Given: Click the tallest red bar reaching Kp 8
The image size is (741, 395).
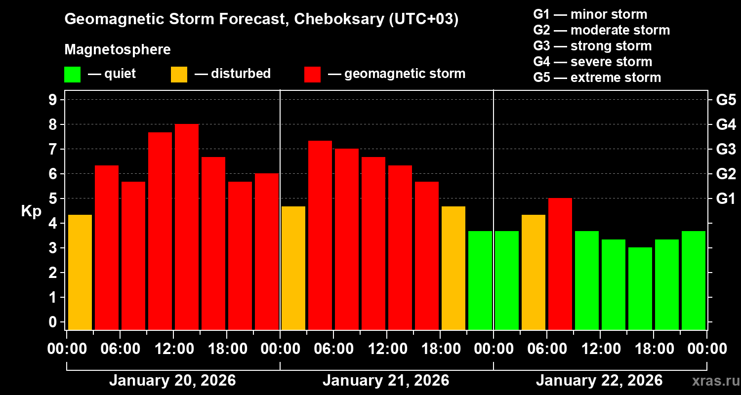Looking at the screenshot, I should coord(187,227).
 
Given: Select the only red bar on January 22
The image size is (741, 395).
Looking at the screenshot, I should coord(560,264).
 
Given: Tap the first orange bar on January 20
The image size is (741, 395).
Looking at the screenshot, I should coord(80,272).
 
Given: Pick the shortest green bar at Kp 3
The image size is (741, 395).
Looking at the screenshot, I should coord(640,288).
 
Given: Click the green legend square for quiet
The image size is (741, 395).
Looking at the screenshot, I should coord(72,75).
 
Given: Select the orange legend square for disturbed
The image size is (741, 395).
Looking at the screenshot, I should coord(179,75).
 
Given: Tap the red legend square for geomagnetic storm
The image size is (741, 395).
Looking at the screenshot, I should coord(312,75).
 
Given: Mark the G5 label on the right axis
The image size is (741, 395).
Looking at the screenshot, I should coord(726,100).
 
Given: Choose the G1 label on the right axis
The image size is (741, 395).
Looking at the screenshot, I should coord(726,199).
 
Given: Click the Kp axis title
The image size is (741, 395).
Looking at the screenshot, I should coord(31,211).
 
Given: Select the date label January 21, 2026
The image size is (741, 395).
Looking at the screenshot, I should coord(386,381).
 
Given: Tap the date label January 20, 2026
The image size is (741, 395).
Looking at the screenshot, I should coord(172,381).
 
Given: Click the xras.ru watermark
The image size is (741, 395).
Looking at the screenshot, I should coord(714,381).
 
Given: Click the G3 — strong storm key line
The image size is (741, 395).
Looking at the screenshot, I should coord(592,46).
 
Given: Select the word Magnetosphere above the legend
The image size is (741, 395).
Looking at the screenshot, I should coord(118,50).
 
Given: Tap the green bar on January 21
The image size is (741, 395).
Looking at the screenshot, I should coord(480,280).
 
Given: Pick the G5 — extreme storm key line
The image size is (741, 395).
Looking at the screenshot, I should coord(597,78).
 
